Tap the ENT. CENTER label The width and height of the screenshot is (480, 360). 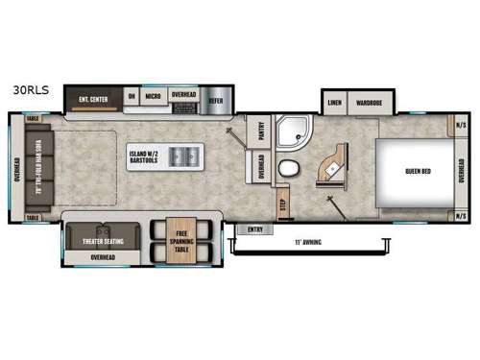94,98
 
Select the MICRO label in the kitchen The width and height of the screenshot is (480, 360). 153,98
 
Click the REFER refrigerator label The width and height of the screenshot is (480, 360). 216,98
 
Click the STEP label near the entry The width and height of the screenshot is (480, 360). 282,204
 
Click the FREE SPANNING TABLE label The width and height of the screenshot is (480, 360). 180,236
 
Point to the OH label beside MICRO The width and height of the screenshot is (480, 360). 132,98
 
